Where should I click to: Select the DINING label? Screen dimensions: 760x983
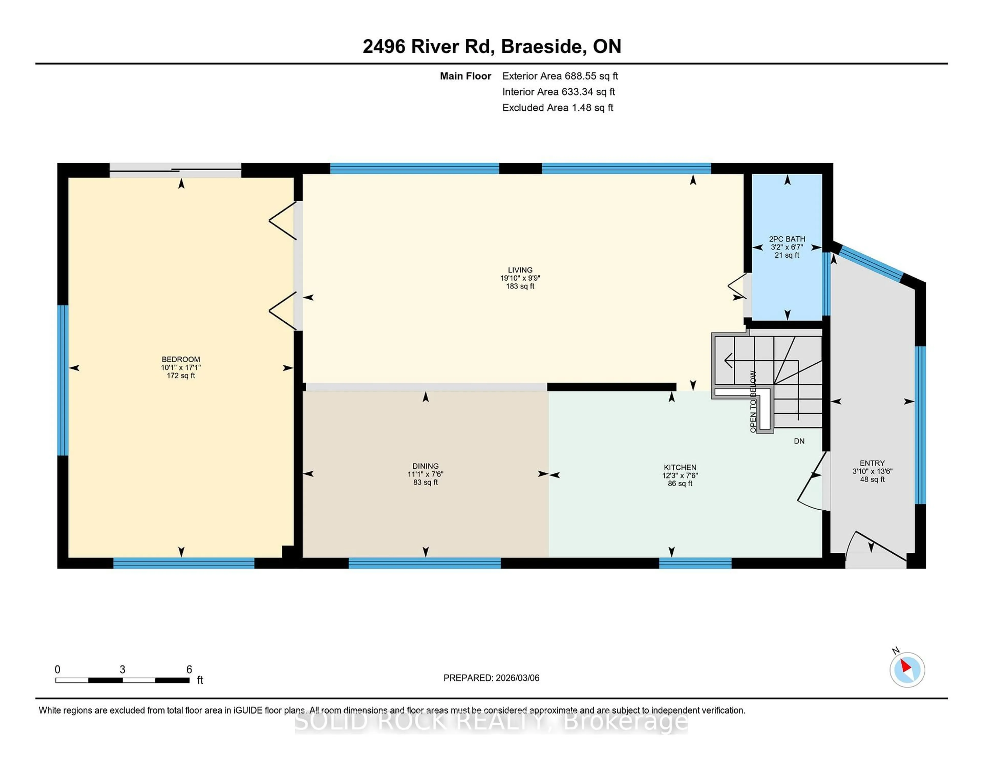(425, 466)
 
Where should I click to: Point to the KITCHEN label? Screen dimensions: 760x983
(680, 467)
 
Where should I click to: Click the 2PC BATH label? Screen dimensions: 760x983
(787, 239)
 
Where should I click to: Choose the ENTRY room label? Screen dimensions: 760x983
(872, 463)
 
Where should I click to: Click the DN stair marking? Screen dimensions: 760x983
(799, 441)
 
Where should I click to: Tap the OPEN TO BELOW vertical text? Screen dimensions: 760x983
(753, 402)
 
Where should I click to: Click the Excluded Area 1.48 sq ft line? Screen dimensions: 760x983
(557, 108)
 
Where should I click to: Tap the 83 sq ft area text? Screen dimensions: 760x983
(425, 482)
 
